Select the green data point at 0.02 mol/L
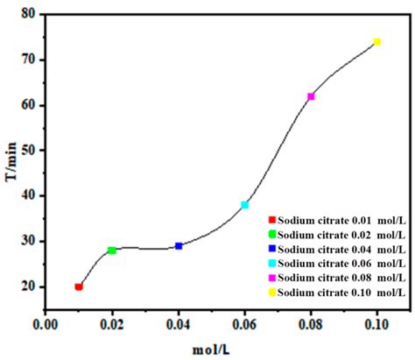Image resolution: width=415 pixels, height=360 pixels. click(x=112, y=251)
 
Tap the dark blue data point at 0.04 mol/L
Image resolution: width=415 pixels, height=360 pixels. click(x=179, y=246)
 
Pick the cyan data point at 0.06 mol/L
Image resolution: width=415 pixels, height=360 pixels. click(x=245, y=205)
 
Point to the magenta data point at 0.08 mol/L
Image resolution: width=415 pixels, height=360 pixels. click(x=311, y=96)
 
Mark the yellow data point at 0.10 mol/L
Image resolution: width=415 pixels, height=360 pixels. click(x=376, y=42)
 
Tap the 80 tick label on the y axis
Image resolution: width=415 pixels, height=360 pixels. click(x=28, y=15)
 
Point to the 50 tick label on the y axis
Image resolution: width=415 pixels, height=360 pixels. click(x=28, y=151)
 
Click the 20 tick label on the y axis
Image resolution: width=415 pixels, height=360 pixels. click(x=28, y=286)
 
